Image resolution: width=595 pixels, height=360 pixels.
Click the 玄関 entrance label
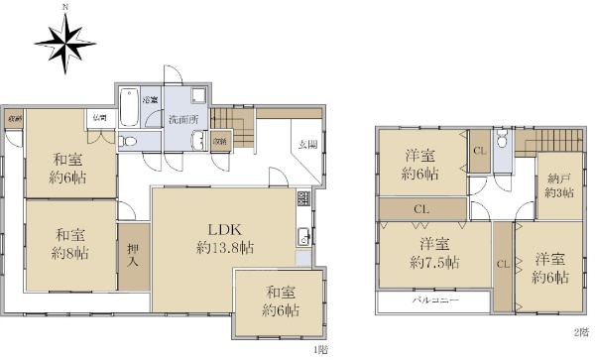click(x=306, y=145)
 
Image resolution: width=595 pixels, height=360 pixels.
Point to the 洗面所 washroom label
click(x=182, y=119)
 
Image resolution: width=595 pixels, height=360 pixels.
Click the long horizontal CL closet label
click(x=421, y=209)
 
